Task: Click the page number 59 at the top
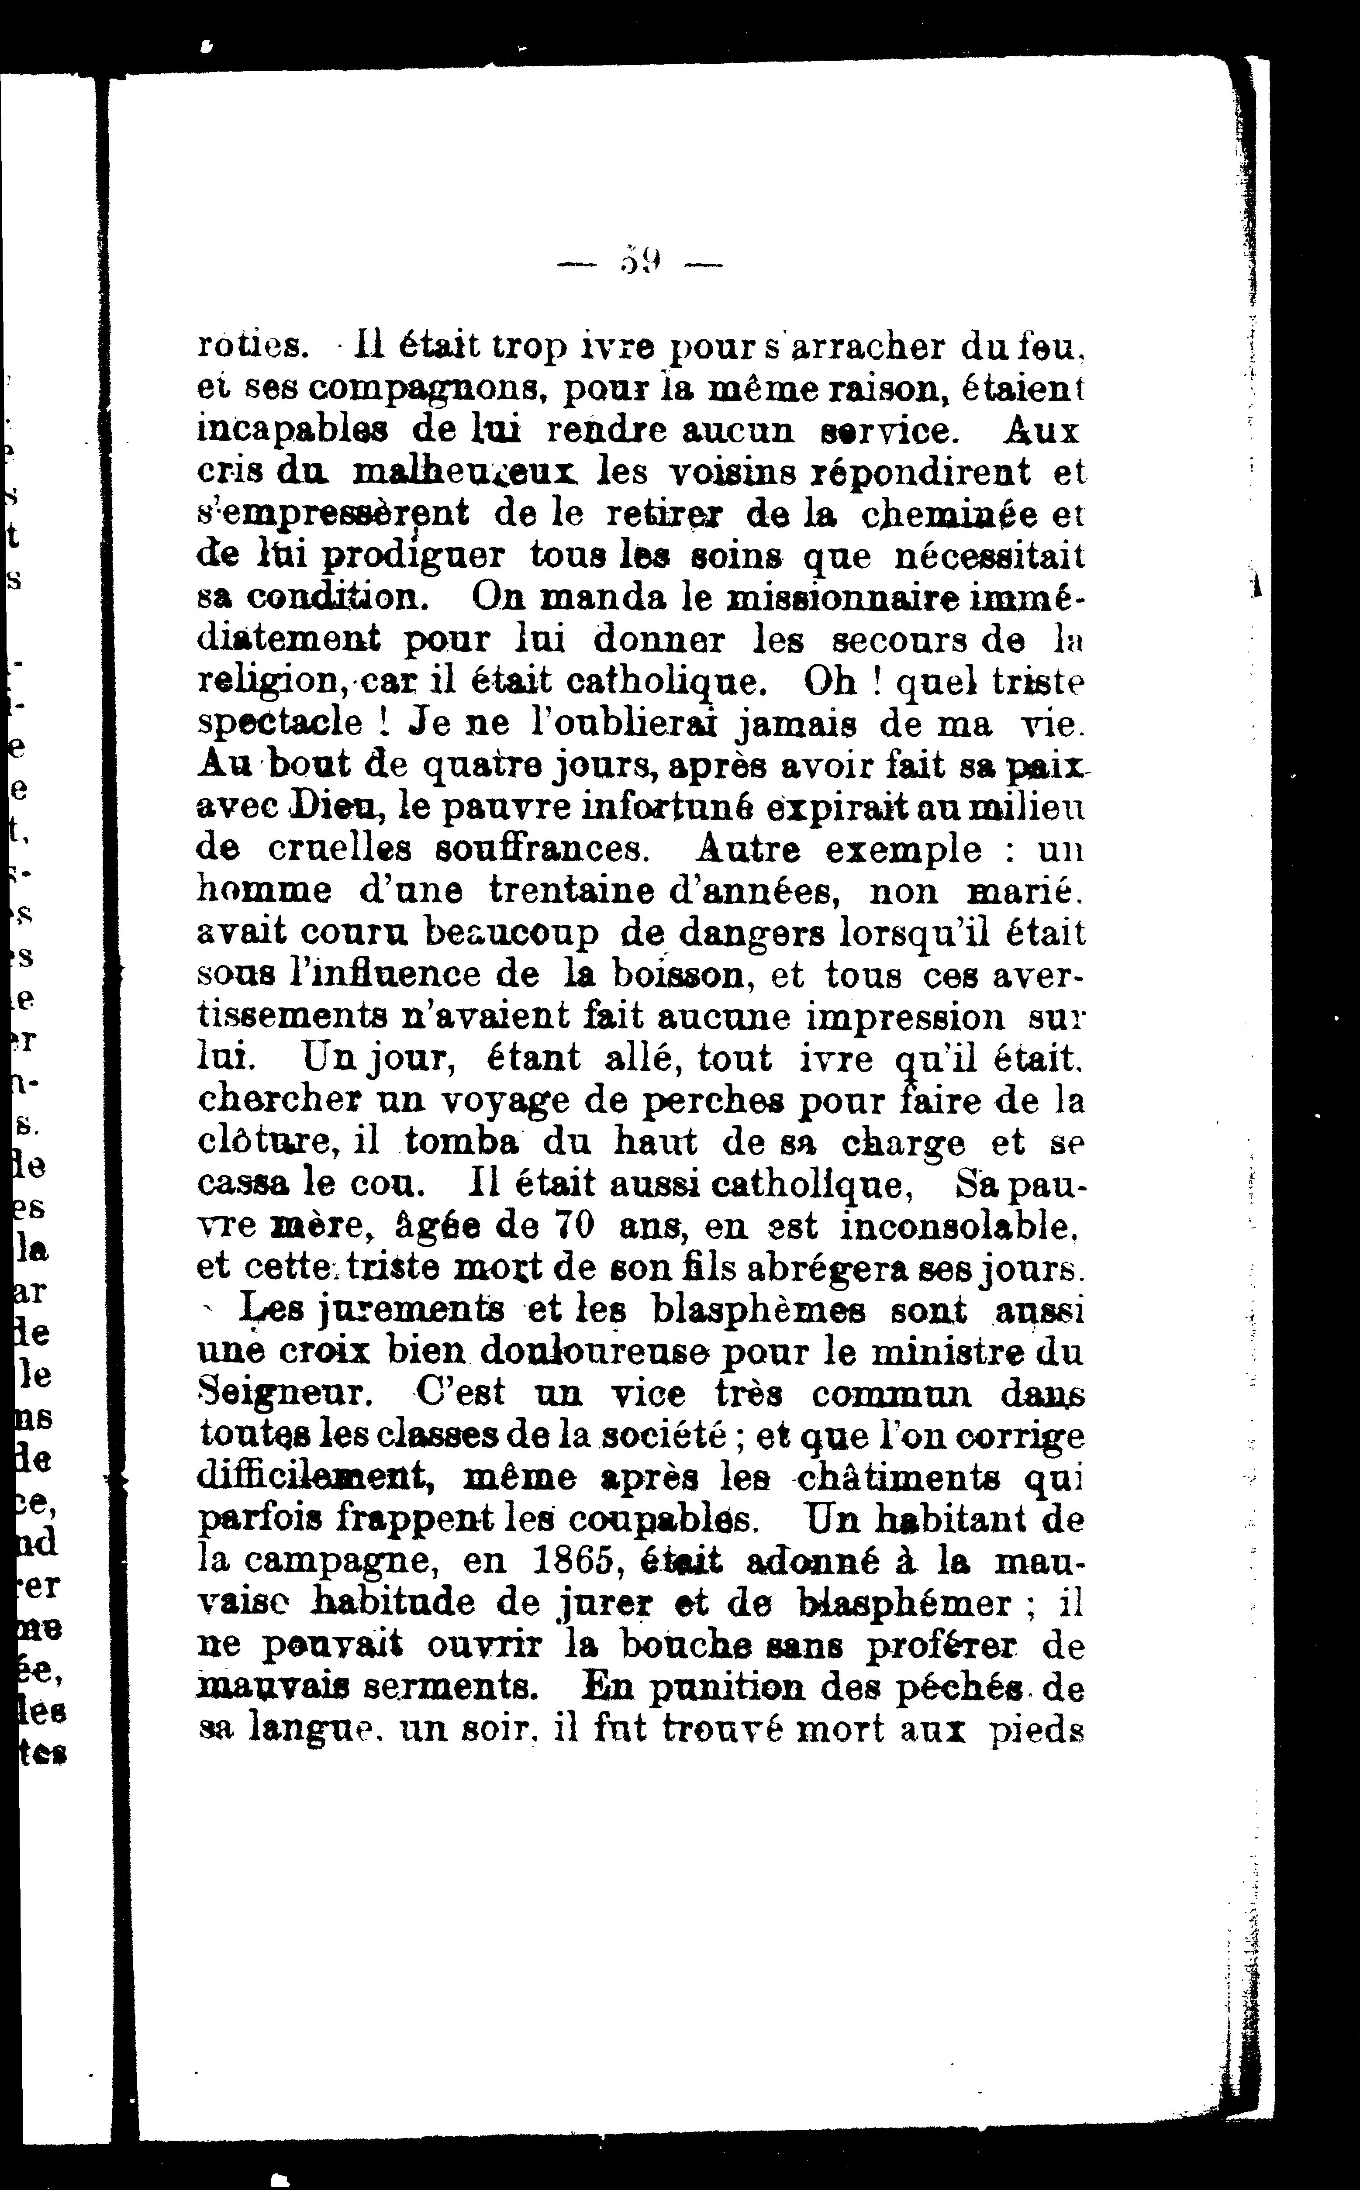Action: (x=640, y=263)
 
